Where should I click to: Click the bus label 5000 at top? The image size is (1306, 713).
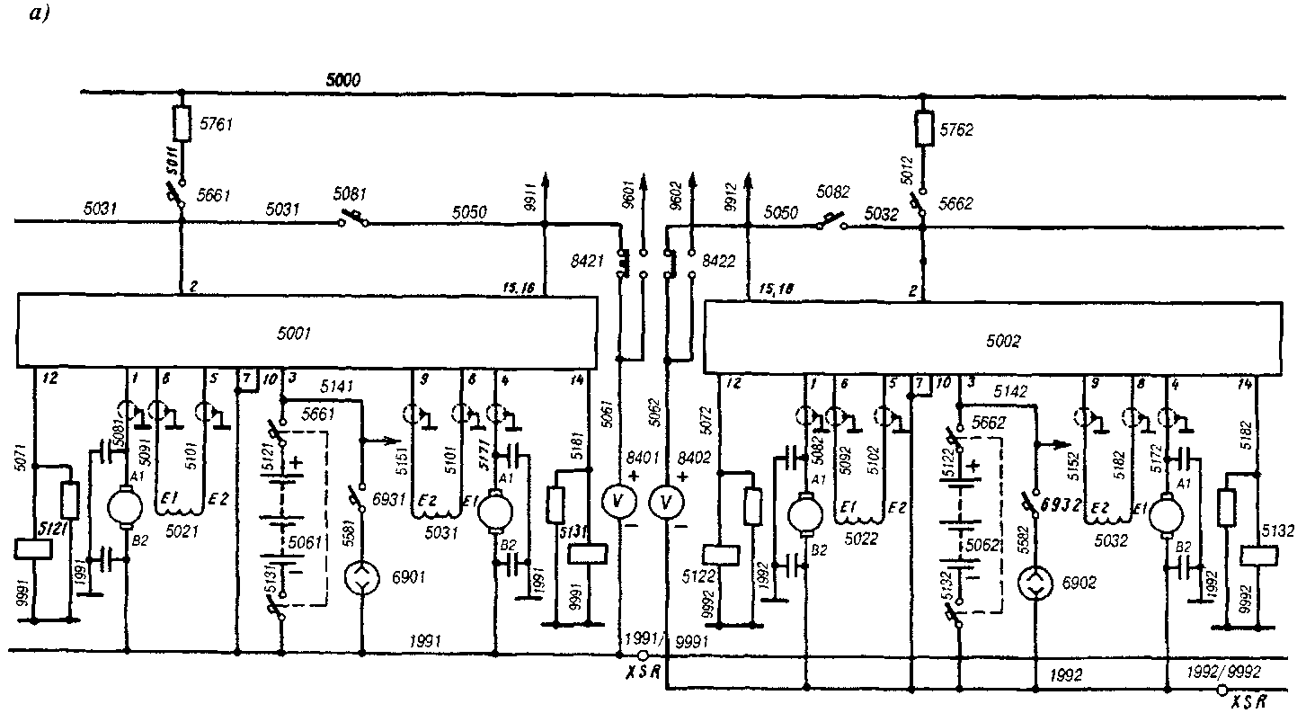click(x=342, y=81)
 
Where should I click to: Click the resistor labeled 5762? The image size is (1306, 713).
click(x=923, y=129)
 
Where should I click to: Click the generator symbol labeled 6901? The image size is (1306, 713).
click(x=361, y=583)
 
